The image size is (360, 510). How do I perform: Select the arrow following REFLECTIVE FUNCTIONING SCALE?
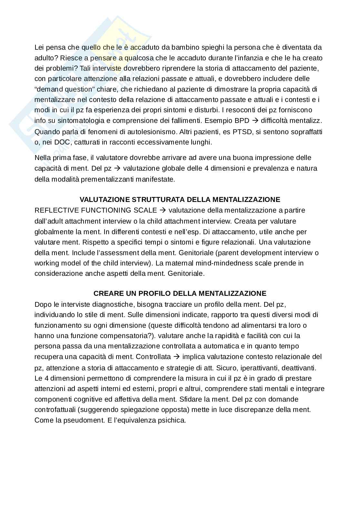pyautogui.click(x=163, y=210)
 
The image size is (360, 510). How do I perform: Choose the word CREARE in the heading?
pyautogui.click(x=106, y=293)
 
